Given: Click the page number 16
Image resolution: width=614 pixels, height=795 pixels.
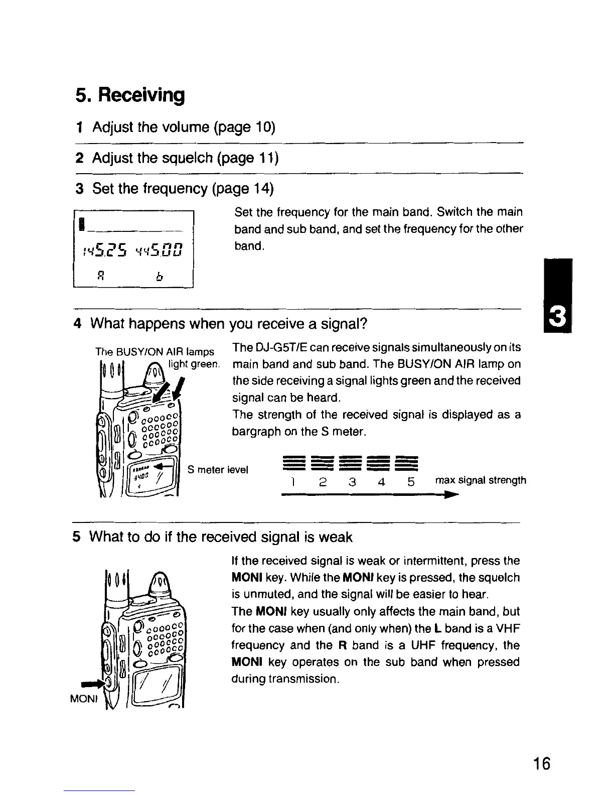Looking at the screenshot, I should pyautogui.click(x=541, y=764).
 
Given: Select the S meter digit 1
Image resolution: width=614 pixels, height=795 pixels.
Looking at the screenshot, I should pyautogui.click(x=292, y=482).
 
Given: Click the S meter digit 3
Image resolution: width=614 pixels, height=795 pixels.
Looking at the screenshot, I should pyautogui.click(x=352, y=482).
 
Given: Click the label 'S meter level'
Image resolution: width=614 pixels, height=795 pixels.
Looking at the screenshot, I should pyautogui.click(x=218, y=470).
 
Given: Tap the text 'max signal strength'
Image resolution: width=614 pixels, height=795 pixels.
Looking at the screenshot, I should pyautogui.click(x=481, y=480).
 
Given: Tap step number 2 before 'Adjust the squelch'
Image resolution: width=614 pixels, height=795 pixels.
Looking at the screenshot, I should pyautogui.click(x=79, y=158).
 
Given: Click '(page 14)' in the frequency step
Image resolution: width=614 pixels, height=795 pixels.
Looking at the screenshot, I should pyautogui.click(x=243, y=189).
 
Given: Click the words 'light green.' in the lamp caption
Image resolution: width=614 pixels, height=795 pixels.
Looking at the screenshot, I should pyautogui.click(x=194, y=364).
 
